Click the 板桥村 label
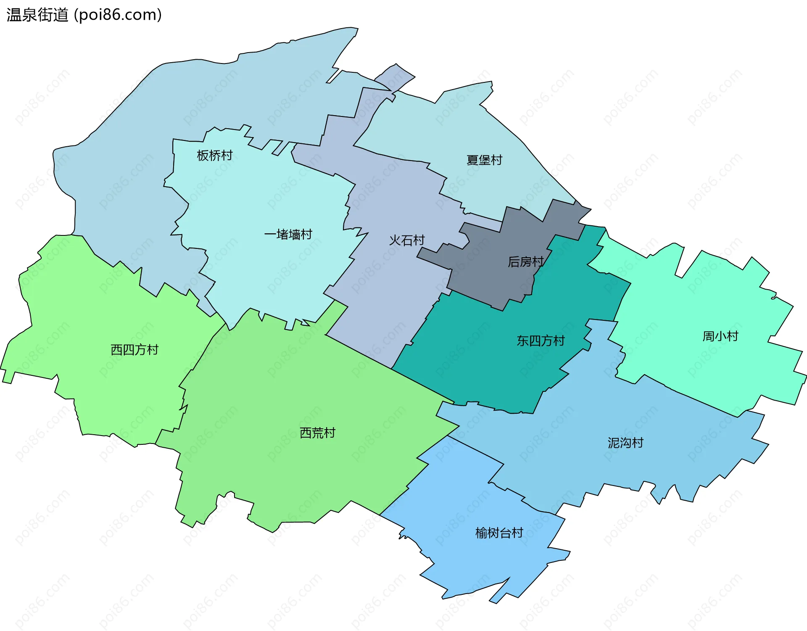click(215, 156)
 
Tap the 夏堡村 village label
click(484, 160)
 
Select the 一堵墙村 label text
click(288, 235)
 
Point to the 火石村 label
click(407, 240)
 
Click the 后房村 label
click(525, 262)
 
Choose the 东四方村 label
click(541, 341)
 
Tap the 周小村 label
click(720, 336)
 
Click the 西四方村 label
click(134, 350)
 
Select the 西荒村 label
click(317, 433)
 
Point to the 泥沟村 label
click(625, 443)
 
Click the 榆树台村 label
click(499, 533)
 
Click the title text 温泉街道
click(37, 15)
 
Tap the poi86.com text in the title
click(118, 15)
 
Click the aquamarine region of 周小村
click(694, 370)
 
